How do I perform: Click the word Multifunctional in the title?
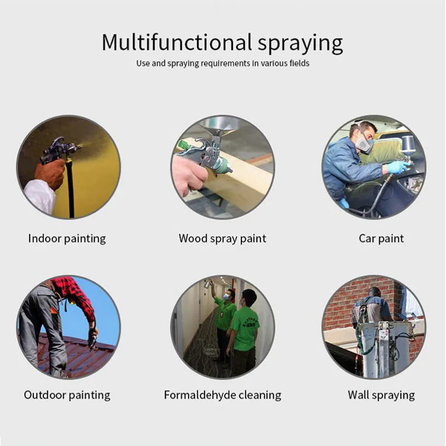(x=177, y=42)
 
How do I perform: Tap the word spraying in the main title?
(x=300, y=44)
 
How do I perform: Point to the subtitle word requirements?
(x=225, y=63)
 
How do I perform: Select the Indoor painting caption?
(x=67, y=239)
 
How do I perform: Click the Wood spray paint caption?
(x=222, y=239)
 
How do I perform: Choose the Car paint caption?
(x=381, y=239)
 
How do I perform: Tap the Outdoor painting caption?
(x=67, y=395)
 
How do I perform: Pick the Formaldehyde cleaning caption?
(x=222, y=395)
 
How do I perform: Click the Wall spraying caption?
(x=381, y=395)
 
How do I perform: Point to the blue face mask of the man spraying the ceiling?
(x=227, y=297)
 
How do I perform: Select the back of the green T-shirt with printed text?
(x=245, y=328)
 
